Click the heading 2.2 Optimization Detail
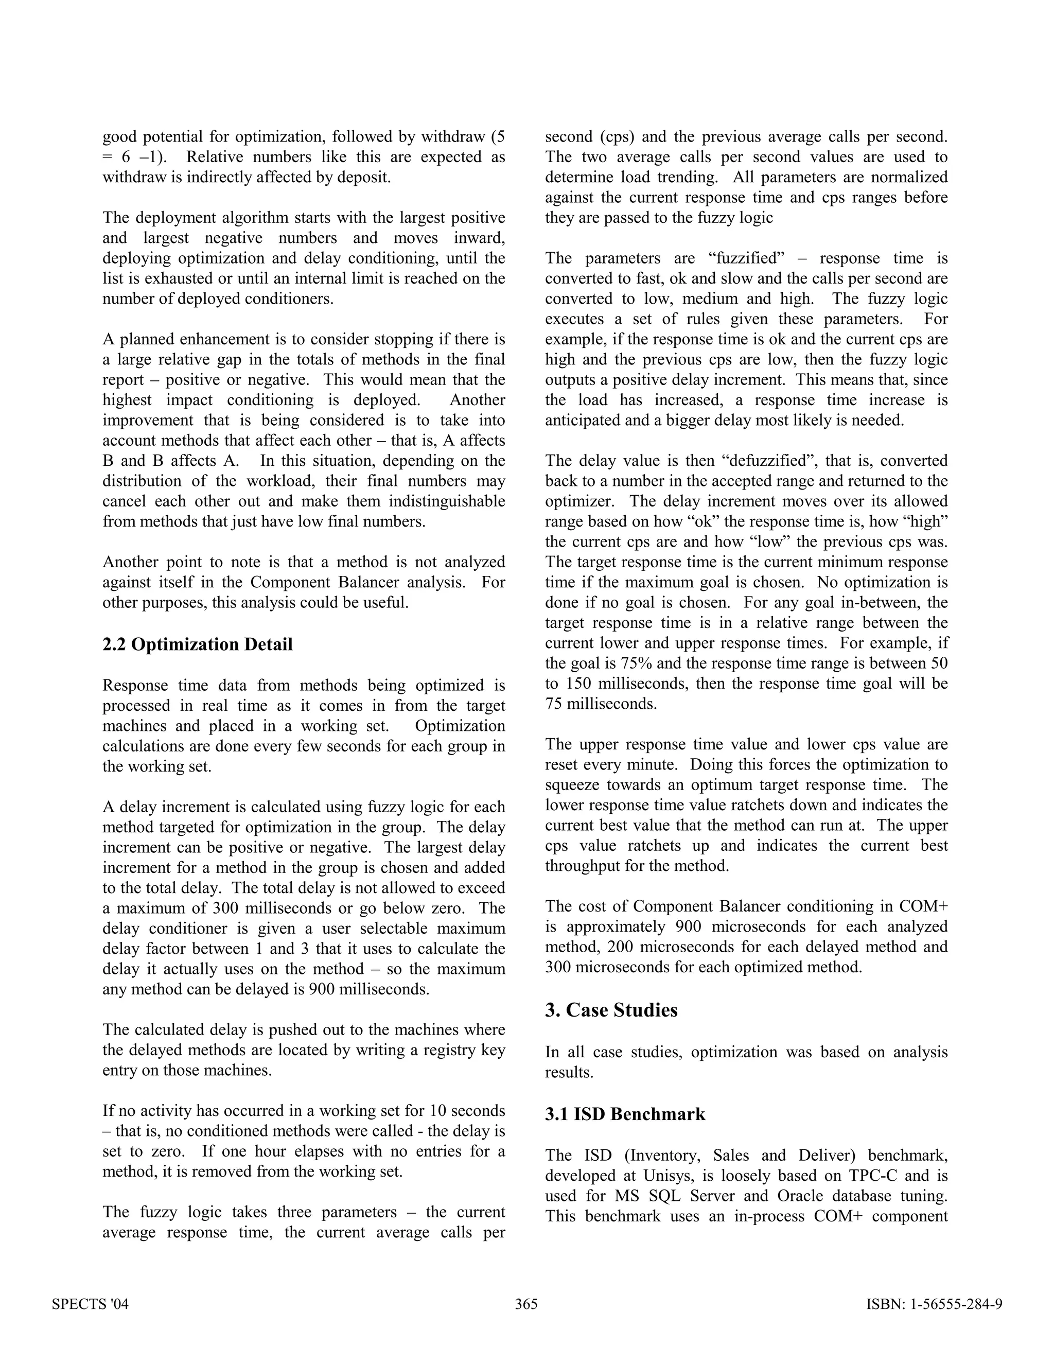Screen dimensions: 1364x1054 tap(197, 644)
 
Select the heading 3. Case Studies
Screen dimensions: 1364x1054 tap(611, 1010)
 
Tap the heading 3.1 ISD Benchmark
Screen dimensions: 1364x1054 tap(625, 1114)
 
